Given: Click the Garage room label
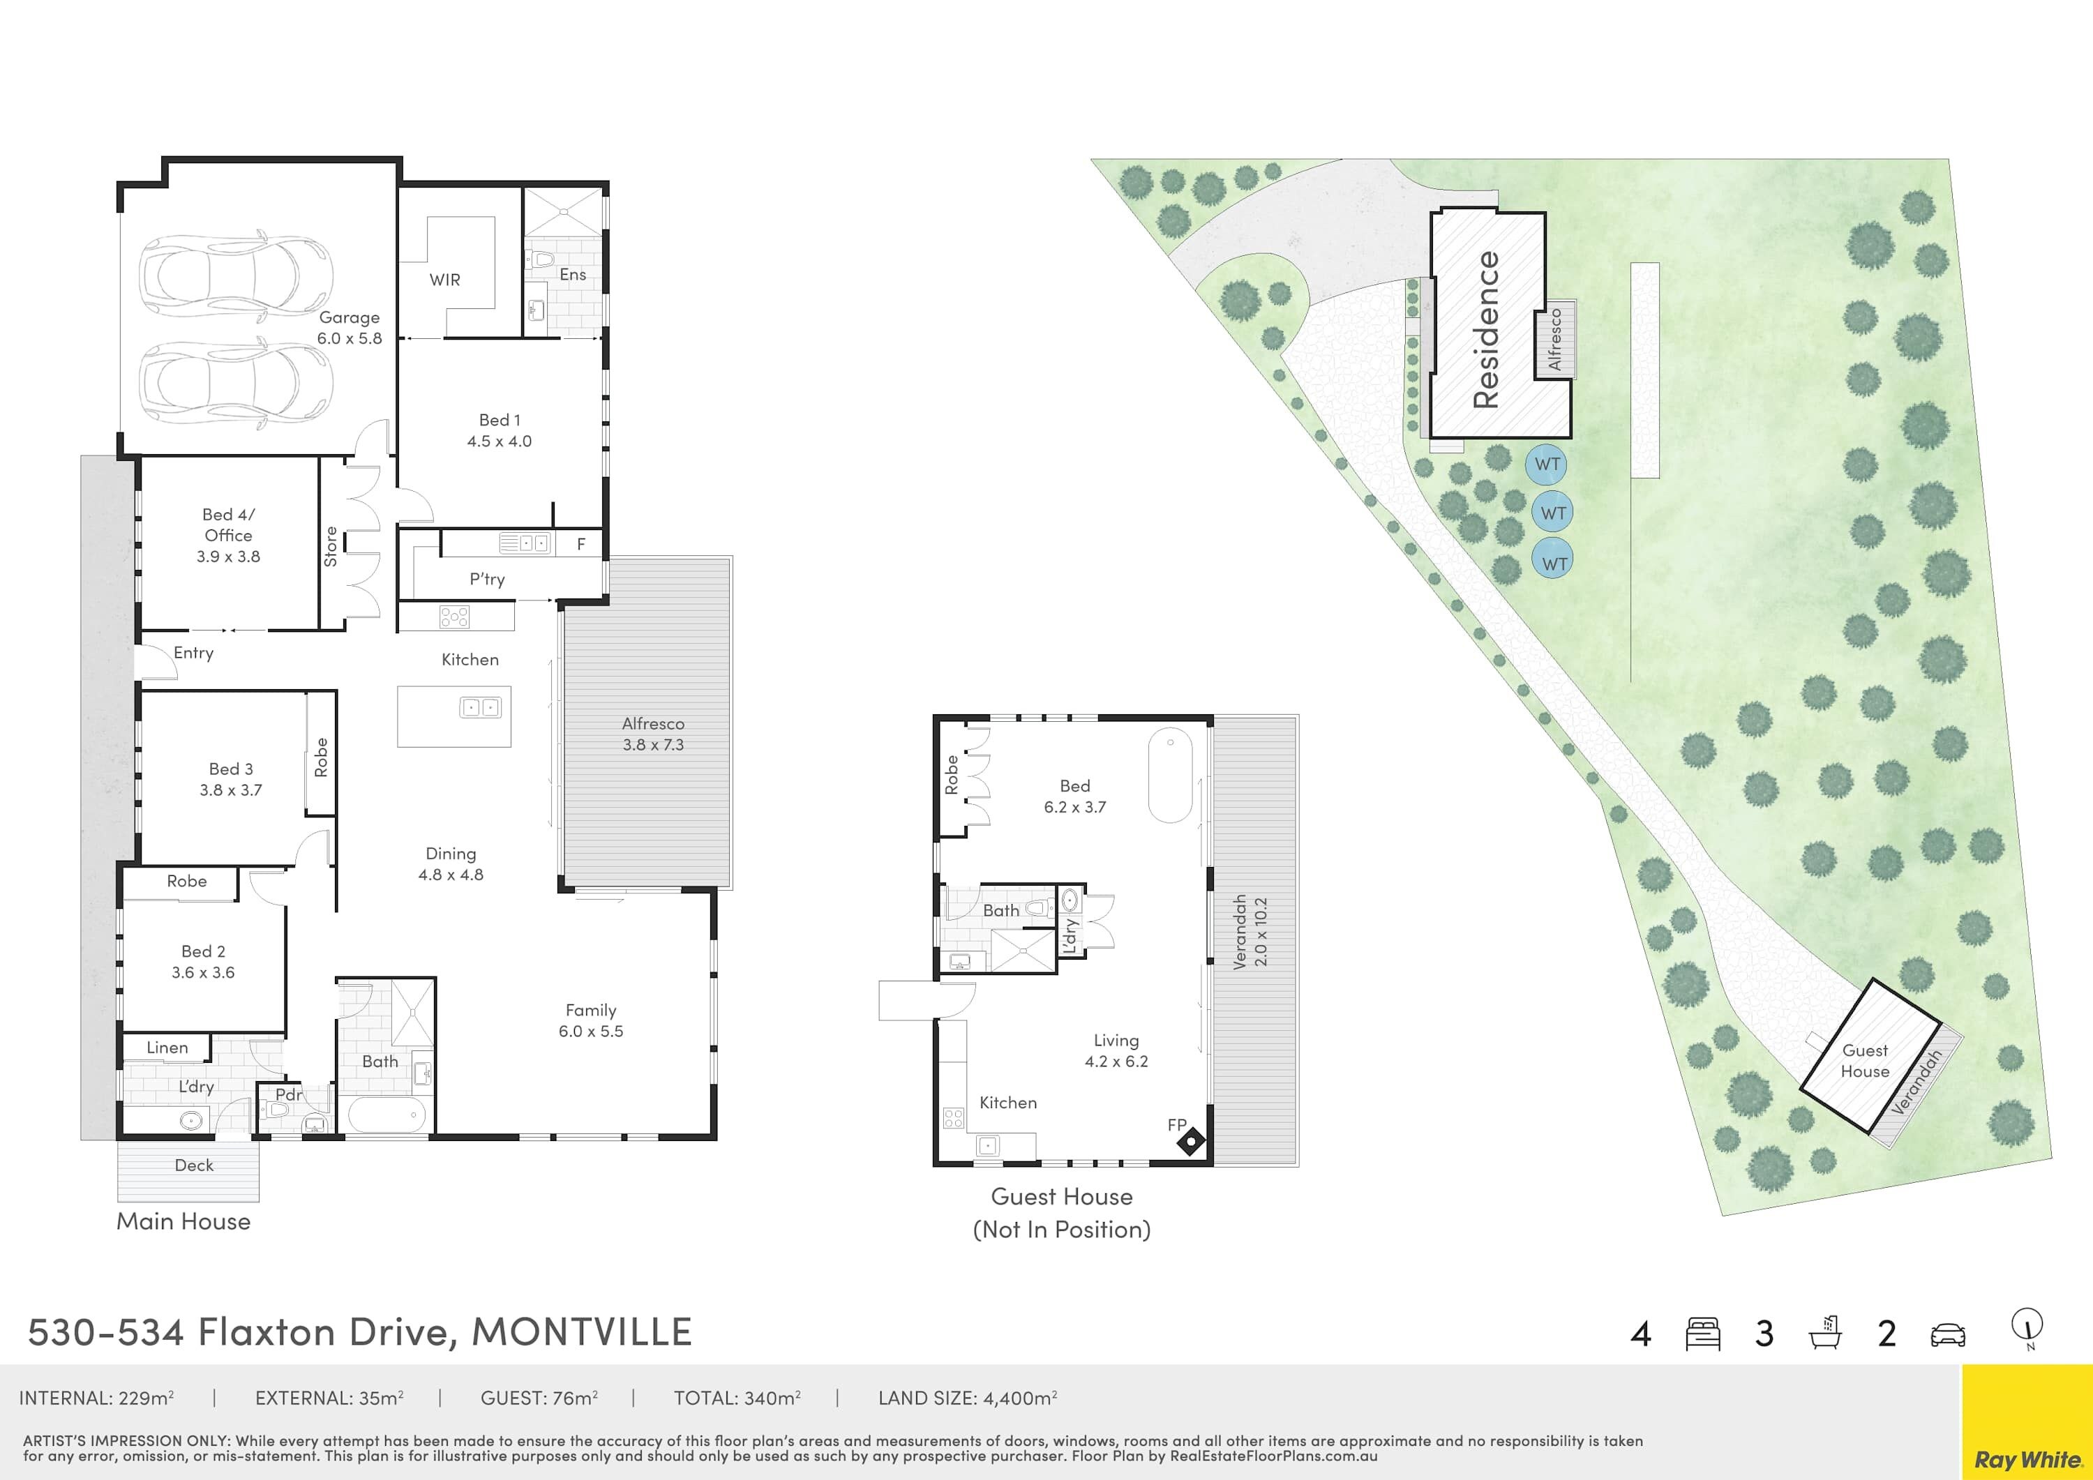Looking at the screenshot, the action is click(x=349, y=317).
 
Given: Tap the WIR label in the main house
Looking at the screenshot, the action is click(x=445, y=280).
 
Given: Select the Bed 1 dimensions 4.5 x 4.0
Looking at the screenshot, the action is click(x=500, y=441).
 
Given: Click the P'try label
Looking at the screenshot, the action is click(x=487, y=580).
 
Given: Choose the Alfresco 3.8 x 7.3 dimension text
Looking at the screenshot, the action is click(x=654, y=745).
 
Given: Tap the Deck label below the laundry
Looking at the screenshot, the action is click(x=194, y=1165).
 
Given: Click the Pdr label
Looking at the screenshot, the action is click(x=288, y=1094).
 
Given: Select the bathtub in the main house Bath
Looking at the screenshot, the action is click(x=387, y=1115).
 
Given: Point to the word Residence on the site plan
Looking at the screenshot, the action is click(x=1486, y=330).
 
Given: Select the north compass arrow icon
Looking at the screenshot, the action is click(x=2027, y=1329).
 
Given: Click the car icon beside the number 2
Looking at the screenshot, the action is click(x=1948, y=1335).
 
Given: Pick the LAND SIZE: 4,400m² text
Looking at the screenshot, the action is click(x=967, y=1398).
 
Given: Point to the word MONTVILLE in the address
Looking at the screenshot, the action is click(x=582, y=1331).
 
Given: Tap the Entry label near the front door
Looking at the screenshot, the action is click(x=193, y=653).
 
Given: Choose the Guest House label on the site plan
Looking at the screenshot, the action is click(x=1865, y=1061).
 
